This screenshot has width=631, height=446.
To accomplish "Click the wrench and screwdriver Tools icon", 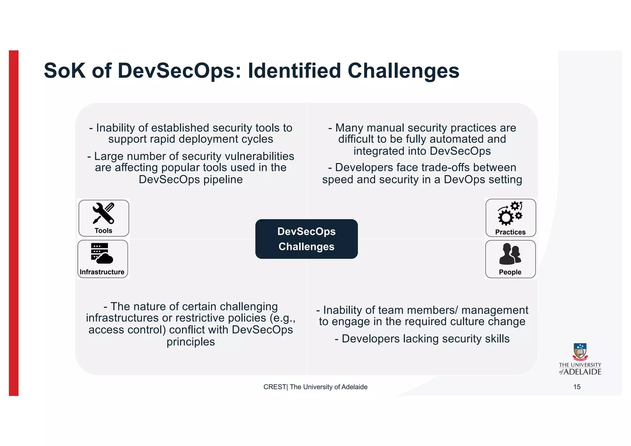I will [104, 213].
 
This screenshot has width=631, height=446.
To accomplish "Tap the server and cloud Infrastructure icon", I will [102, 254].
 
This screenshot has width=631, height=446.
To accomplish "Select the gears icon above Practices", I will [510, 214].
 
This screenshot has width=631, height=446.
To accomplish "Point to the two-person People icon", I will [510, 254].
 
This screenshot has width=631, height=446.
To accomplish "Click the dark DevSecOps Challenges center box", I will [306, 239].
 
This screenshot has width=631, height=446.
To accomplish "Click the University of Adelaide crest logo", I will [580, 352].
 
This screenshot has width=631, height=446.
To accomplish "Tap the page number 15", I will [577, 387].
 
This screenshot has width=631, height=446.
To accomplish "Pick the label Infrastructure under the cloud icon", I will [102, 272].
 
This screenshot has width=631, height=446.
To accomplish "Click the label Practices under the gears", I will [510, 232].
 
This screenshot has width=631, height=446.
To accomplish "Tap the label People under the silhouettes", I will [510, 272].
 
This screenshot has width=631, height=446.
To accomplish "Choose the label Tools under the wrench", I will [104, 231].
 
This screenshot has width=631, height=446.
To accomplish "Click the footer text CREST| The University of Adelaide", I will [315, 387].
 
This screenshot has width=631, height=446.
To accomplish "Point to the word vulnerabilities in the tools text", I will [259, 156].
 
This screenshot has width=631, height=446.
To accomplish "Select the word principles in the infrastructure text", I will [191, 342].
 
